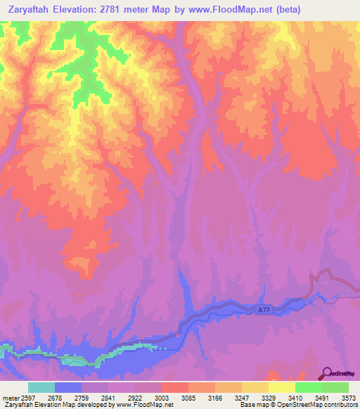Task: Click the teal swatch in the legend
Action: pyautogui.click(x=41, y=387)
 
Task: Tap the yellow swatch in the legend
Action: pyautogui.click(x=281, y=387)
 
